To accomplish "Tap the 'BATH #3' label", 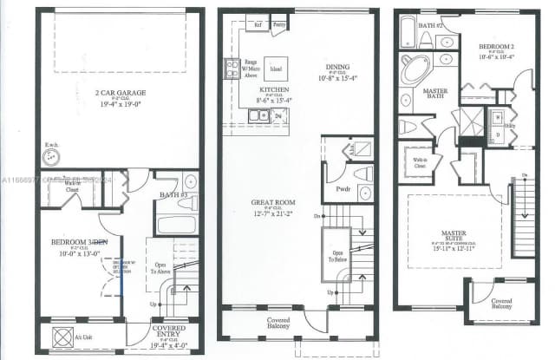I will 174,196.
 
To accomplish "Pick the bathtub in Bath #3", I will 178,224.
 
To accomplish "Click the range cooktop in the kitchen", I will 232,68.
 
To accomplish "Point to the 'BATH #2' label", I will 431,26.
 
